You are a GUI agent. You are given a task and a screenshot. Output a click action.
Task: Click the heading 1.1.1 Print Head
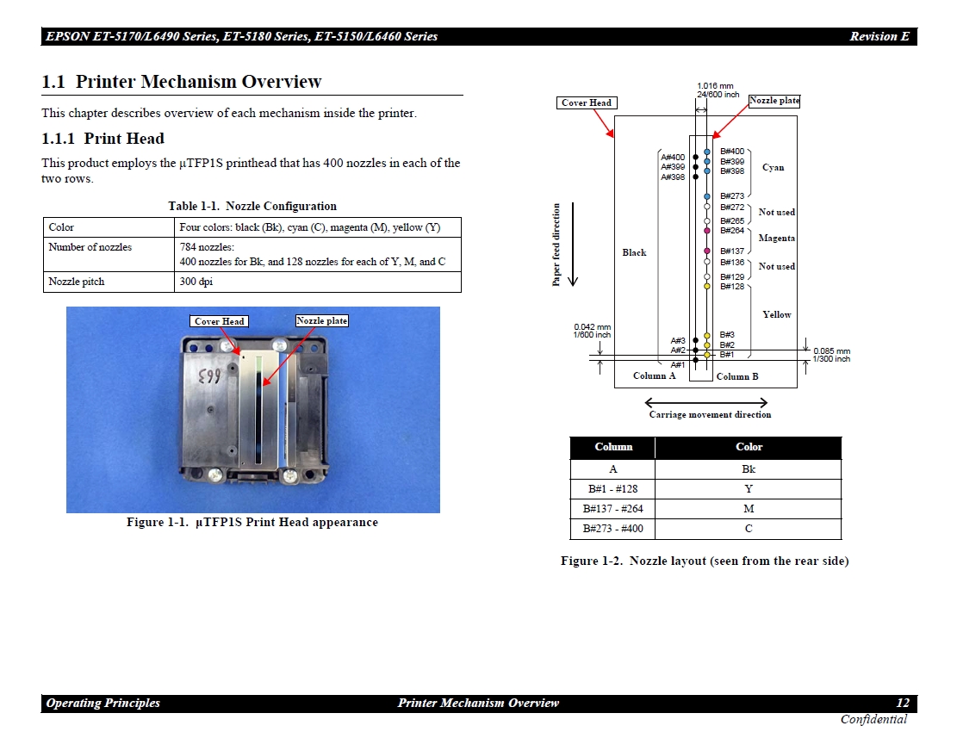click(103, 139)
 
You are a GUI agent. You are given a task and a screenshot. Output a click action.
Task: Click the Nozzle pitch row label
click(77, 282)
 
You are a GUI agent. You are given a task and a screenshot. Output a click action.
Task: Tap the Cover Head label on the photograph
click(219, 321)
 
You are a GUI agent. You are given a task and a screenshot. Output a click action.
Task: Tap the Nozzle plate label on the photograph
click(321, 321)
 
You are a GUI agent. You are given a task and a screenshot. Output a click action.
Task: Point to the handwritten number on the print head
click(208, 377)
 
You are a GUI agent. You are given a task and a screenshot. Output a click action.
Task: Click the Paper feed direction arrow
click(573, 244)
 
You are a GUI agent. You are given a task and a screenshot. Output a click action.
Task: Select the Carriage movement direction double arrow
click(706, 402)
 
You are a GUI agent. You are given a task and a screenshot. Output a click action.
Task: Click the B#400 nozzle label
click(732, 152)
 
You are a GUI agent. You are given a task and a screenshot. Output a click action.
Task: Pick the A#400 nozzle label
click(673, 158)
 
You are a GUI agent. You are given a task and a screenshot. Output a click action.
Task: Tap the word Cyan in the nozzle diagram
click(773, 168)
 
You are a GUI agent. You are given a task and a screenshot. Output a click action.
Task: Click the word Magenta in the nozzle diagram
click(776, 239)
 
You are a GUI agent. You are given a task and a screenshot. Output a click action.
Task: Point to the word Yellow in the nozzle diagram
click(776, 314)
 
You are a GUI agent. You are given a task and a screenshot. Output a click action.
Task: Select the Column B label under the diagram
click(737, 376)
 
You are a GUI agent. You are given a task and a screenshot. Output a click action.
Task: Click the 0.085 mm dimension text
click(831, 350)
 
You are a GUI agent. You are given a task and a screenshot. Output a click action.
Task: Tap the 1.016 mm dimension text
click(715, 86)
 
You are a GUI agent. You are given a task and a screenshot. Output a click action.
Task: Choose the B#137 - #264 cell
click(612, 509)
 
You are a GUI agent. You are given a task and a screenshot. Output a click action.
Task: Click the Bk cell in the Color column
click(749, 469)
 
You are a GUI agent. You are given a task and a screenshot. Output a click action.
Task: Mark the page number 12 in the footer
click(903, 703)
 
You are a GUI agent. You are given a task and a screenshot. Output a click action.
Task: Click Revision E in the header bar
click(879, 36)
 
